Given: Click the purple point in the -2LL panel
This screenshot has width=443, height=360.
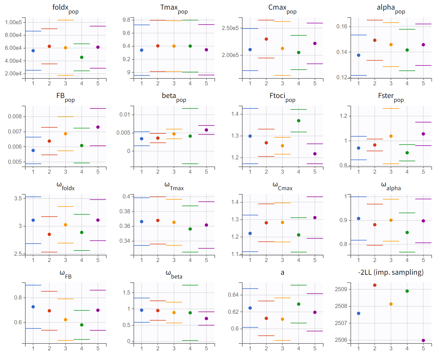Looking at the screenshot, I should [x=423, y=340].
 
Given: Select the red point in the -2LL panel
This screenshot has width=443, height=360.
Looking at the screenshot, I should [x=375, y=285].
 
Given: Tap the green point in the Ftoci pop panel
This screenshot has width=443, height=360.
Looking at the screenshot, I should [x=299, y=121].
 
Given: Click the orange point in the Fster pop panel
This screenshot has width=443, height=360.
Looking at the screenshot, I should [x=391, y=136].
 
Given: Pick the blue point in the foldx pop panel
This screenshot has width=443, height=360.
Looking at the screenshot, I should [x=33, y=51].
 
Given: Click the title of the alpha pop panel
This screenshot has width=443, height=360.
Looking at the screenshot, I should [x=391, y=8].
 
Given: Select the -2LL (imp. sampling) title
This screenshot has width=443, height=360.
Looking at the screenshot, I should [x=391, y=272].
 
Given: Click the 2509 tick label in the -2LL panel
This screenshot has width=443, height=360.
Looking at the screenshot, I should [x=341, y=289].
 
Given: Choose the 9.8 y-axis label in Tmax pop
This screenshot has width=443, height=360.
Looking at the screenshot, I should [x=126, y=20].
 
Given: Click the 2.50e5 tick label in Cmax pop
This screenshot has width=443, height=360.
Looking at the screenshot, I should [x=230, y=28].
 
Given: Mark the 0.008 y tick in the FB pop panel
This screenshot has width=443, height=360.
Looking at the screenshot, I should [x=15, y=116].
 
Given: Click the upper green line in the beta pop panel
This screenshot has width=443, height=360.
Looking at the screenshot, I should [x=190, y=108].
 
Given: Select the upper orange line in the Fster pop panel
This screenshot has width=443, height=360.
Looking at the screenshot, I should [x=391, y=108].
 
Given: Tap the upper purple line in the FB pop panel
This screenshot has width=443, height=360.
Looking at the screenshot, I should [x=98, y=108].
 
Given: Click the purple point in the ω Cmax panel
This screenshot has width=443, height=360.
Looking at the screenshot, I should [x=315, y=218].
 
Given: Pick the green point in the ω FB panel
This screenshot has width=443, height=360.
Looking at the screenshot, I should [x=82, y=325].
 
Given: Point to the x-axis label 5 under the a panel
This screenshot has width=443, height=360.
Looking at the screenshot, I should [x=315, y=348].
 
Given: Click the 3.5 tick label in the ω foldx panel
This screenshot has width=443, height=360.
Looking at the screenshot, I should [x=18, y=198].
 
